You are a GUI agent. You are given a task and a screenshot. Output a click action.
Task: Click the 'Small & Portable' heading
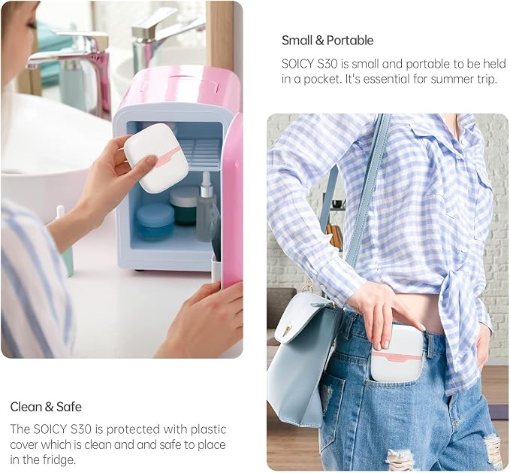pos(327,41)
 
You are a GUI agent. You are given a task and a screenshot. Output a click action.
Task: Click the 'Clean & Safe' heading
pos(46,407)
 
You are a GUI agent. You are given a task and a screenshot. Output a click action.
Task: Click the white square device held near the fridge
pos(156,160)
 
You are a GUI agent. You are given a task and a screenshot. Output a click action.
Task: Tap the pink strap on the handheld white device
pos(168,155)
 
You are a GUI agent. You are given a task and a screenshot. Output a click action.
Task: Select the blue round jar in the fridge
pos(155,222)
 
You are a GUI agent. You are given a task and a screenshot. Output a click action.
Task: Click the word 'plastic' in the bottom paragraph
pos(208,429)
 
